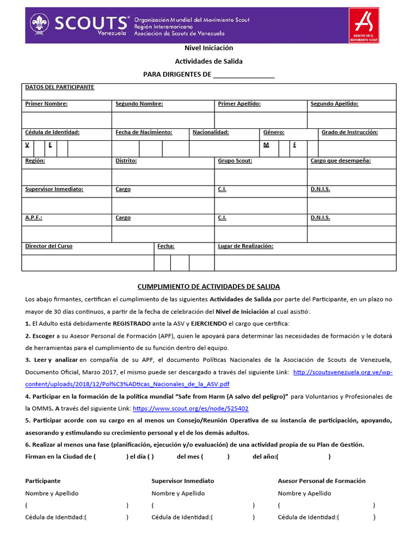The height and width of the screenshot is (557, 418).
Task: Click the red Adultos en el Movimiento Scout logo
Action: [x=364, y=25]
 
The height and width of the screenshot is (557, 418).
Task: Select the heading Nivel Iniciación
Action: [x=208, y=48]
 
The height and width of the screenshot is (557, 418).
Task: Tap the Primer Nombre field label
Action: [x=46, y=104]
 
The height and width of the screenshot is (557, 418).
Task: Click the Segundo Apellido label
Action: [x=334, y=104]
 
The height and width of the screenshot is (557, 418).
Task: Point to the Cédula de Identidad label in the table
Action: [x=52, y=132]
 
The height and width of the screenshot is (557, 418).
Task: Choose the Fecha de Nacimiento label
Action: [x=144, y=132]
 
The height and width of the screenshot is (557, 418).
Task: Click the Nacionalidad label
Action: [x=211, y=132]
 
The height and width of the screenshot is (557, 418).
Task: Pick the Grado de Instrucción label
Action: [x=349, y=132]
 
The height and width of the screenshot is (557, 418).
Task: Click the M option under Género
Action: [x=267, y=145]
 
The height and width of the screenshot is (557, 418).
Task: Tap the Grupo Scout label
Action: [x=235, y=161]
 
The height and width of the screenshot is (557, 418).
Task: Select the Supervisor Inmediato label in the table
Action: [x=54, y=189]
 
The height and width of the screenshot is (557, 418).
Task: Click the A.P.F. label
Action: [x=34, y=218]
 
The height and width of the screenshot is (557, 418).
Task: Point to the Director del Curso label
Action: [x=48, y=246]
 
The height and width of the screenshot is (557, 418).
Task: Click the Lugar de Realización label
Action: [x=245, y=246]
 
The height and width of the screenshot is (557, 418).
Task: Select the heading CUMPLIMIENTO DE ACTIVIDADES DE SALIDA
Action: [x=208, y=287]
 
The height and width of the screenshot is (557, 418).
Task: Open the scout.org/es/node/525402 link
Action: [x=190, y=408]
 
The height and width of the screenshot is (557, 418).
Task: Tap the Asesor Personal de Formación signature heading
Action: [x=322, y=481]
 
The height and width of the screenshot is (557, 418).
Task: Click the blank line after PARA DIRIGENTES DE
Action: [x=244, y=75]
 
